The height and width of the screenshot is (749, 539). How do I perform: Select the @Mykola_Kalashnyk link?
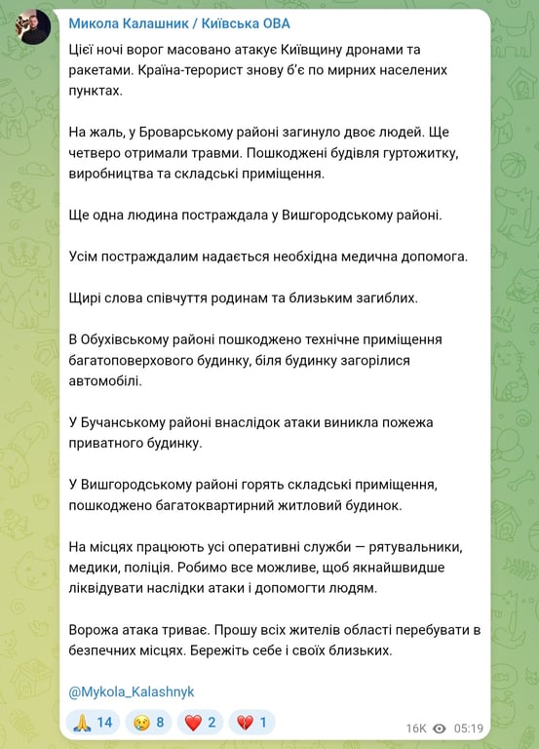(132, 690)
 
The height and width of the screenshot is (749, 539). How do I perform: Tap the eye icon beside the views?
(440, 728)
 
